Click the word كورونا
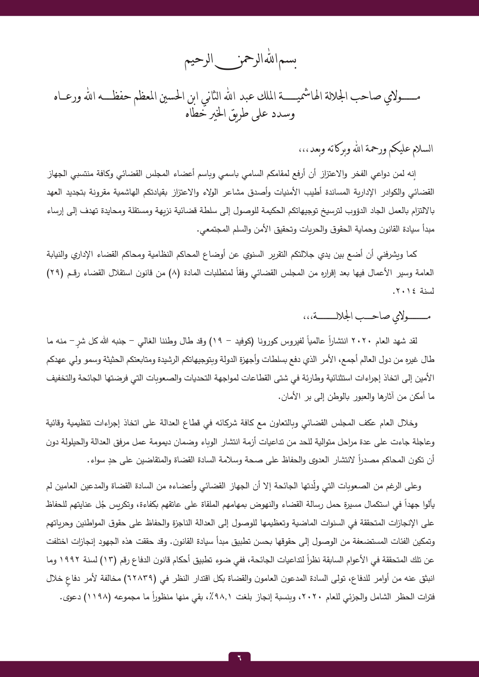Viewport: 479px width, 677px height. click(265, 342)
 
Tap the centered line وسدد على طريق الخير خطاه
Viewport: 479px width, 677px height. click(239, 114)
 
